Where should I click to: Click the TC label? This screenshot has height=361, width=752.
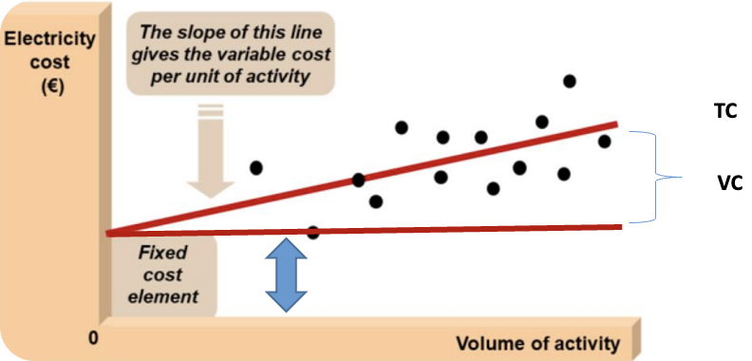[725, 111]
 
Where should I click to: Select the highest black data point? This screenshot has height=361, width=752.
[570, 81]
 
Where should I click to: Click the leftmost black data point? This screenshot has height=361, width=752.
[255, 167]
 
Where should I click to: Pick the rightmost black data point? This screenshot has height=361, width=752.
[604, 142]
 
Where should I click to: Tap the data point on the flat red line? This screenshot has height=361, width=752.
[313, 232]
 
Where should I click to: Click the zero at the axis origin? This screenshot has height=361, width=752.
[94, 336]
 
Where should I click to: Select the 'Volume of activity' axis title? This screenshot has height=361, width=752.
[538, 342]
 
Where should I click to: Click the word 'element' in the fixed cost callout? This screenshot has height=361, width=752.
[167, 295]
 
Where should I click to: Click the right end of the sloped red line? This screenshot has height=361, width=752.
[616, 123]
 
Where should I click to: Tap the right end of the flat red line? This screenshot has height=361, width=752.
[620, 226]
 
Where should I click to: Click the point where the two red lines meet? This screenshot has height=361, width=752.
[108, 233]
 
